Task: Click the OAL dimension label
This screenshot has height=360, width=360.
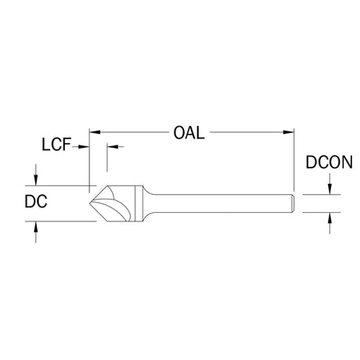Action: pos(189,133)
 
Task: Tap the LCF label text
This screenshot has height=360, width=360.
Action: pos(56,145)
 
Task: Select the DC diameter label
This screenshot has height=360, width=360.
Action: pos(36,201)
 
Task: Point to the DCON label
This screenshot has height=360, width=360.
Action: pos(329,162)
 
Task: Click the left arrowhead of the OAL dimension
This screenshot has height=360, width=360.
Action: pos(95,132)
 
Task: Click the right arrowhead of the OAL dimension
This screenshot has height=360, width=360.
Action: pos(289,132)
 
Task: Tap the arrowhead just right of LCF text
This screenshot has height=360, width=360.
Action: pos(84,147)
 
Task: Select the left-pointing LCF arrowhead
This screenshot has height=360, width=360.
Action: pos(113,146)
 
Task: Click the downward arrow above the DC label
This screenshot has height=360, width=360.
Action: pos(36,175)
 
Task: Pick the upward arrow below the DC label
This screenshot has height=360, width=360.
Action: pos(36,232)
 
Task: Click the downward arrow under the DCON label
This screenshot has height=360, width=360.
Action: pos(329,184)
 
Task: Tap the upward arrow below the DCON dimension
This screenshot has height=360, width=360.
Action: pos(329,223)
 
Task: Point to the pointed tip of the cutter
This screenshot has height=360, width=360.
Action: pos(90,203)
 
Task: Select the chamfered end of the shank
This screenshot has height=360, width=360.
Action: pos(293,203)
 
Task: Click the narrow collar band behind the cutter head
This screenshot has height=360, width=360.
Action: pos(139,203)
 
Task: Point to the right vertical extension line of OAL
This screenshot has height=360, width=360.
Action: pos(294,160)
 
